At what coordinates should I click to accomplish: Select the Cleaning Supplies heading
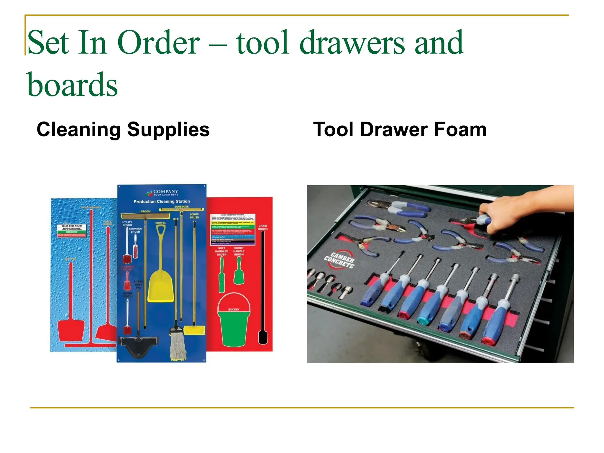[123, 129]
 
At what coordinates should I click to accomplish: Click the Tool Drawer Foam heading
[400, 129]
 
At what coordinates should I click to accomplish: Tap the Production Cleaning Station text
[162, 201]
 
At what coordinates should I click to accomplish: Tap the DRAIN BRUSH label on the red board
[263, 227]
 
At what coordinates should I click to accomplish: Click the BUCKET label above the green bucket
[234, 309]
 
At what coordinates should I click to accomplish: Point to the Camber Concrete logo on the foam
[339, 260]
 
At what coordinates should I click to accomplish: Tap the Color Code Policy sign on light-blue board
[72, 230]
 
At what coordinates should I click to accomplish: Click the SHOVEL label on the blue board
[160, 223]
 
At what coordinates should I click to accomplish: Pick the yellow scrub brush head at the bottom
[194, 330]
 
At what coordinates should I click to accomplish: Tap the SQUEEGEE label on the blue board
[181, 206]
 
